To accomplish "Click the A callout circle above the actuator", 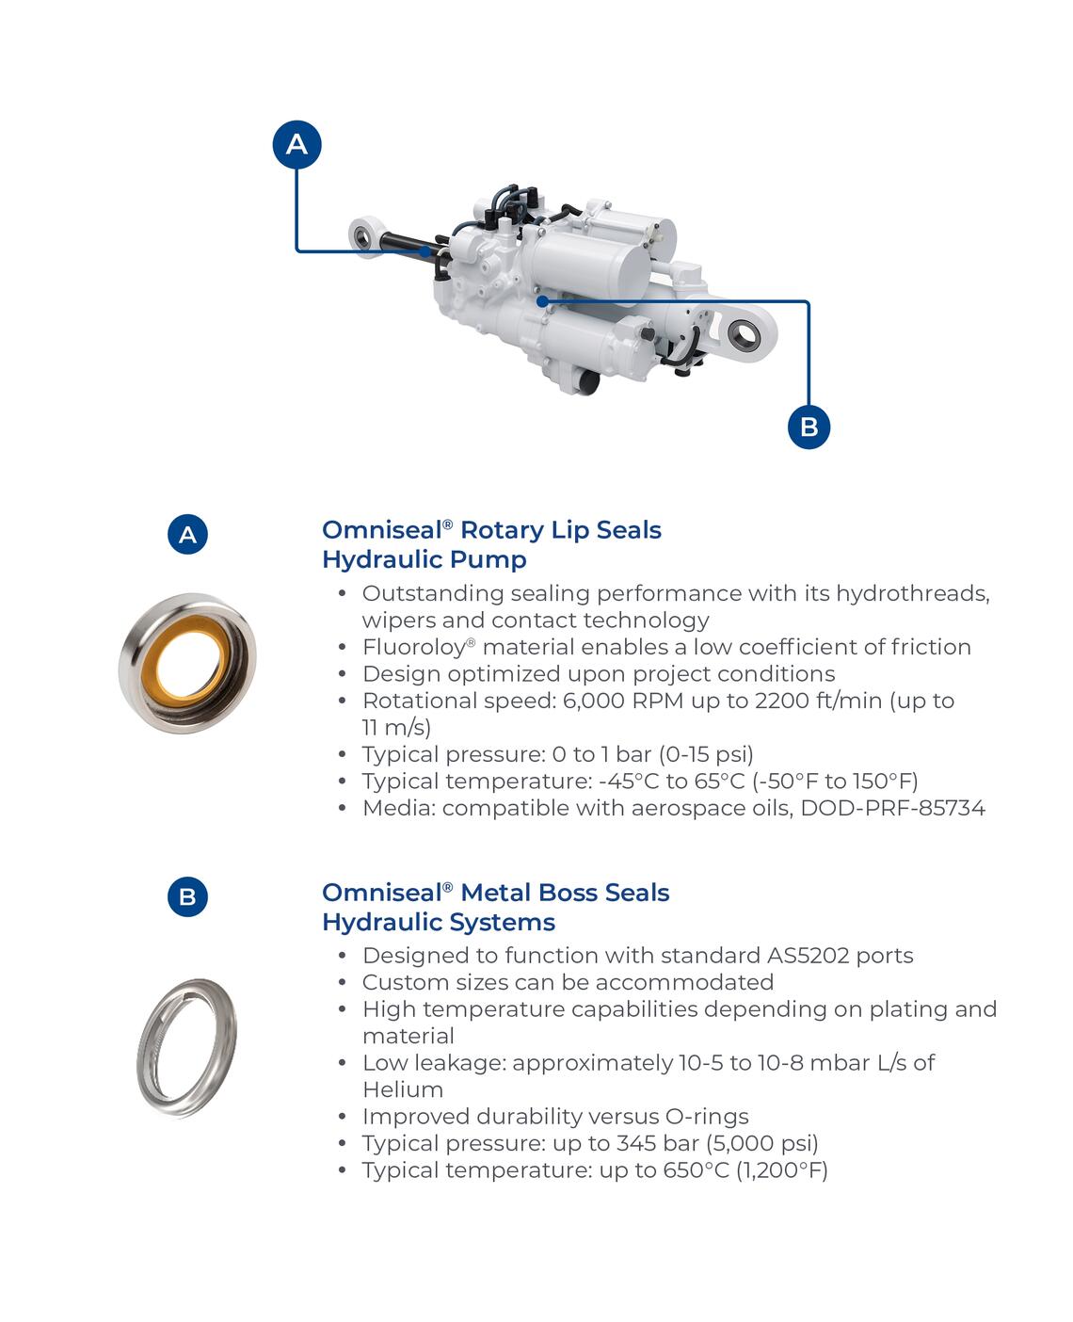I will [296, 144].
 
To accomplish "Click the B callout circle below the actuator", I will [809, 426].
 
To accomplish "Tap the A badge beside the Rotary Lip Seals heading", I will [188, 535].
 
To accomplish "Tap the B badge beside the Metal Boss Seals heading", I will [187, 896].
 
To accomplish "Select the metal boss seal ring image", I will [186, 1047].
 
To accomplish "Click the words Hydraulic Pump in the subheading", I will [424, 559].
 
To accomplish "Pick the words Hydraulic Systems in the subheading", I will [438, 922].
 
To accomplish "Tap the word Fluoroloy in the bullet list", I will [413, 647].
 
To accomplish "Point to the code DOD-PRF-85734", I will [892, 808].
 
